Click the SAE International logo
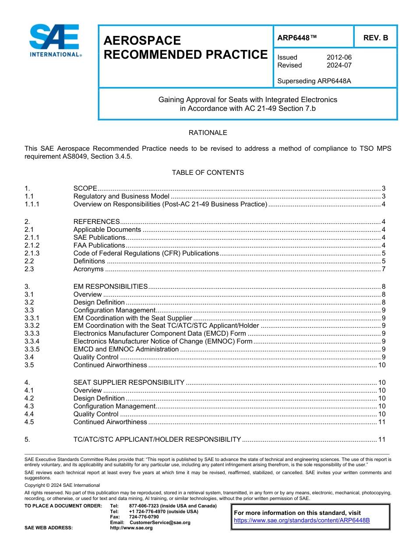(55, 41)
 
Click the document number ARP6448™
(297, 38)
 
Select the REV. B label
(375, 38)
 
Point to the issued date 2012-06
(339, 57)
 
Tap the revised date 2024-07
(339, 65)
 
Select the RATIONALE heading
(208, 133)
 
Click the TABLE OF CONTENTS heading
(208, 173)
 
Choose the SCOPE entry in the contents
(85, 188)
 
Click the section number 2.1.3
(32, 253)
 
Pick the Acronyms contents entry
(88, 269)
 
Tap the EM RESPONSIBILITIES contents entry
(110, 287)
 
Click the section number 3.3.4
(32, 341)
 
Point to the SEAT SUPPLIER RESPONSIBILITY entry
(129, 383)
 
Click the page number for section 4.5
(381, 422)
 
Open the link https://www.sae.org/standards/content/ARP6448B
(302, 521)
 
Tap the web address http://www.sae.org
(131, 528)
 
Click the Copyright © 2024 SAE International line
(62, 485)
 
